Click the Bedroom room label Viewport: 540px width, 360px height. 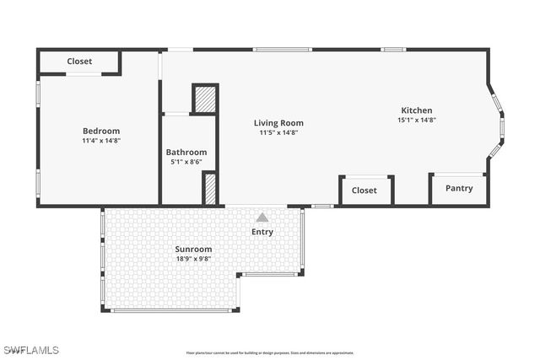click(101, 131)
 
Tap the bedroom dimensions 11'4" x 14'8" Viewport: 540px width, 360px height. click(101, 141)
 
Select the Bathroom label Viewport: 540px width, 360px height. click(186, 152)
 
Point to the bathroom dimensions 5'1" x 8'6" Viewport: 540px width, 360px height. click(186, 162)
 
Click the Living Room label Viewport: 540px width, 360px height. click(278, 123)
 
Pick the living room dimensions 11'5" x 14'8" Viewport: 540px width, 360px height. click(278, 132)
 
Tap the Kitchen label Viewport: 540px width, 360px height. click(416, 110)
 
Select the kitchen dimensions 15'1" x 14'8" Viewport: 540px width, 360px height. click(416, 120)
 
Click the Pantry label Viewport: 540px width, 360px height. click(459, 188)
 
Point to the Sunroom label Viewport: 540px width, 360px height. click(193, 249)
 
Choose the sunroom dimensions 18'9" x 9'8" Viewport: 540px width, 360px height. click(193, 259)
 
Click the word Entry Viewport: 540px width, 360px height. click(262, 232)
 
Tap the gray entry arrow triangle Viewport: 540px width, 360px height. click(262, 218)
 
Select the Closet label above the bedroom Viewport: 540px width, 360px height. click(79, 62)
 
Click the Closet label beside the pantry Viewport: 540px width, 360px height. click(364, 191)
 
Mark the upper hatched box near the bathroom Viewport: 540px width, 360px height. click(205, 99)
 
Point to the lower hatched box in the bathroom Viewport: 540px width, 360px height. click(210, 188)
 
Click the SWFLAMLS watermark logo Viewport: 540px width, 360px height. click(30, 349)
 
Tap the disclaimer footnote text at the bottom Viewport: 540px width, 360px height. click(270, 352)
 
